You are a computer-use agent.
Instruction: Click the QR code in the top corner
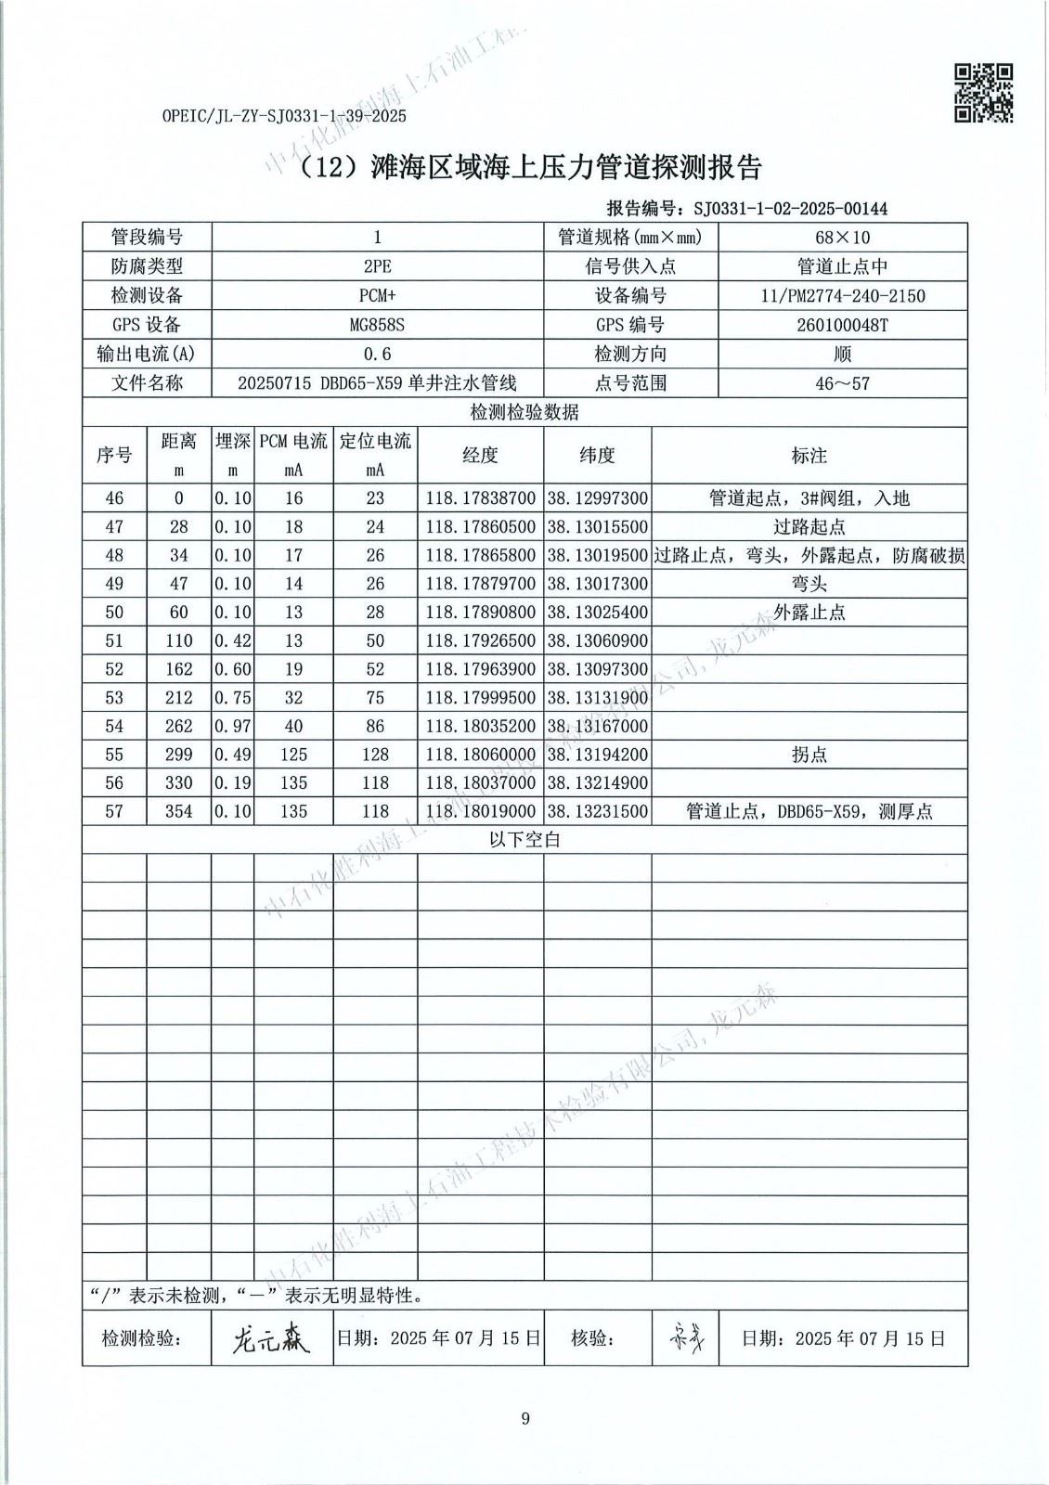[984, 93]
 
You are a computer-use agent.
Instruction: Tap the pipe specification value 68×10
[842, 238]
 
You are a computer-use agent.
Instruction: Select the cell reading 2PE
[377, 266]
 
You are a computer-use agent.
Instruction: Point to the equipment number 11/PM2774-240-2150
[842, 296]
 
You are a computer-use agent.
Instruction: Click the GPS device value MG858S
[377, 325]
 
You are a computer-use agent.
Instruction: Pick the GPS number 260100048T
[842, 325]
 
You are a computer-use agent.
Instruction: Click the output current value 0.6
[377, 354]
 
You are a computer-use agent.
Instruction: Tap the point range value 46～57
[842, 382]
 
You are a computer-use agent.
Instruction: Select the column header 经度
[480, 455]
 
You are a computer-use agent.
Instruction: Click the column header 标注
[809, 455]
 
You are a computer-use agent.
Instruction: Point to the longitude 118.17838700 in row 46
[480, 498]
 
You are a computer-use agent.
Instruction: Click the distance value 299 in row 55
[178, 755]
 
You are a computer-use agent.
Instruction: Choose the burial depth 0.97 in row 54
[232, 726]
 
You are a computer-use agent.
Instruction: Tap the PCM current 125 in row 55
[293, 755]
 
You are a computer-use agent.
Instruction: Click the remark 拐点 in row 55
[809, 755]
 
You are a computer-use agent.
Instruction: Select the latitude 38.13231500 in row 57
[597, 811]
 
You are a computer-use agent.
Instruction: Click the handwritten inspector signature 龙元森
[271, 1338]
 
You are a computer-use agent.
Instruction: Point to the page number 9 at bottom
[525, 1418]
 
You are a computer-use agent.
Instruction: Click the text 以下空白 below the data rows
[524, 840]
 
